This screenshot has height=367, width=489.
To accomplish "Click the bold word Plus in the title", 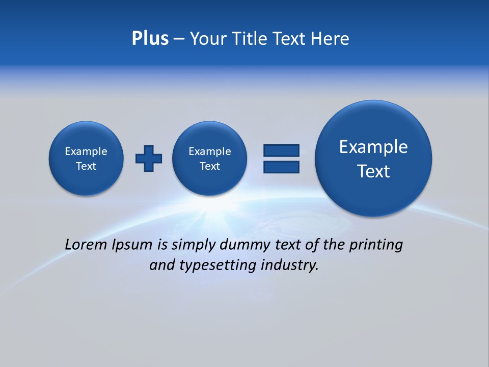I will click(150, 39).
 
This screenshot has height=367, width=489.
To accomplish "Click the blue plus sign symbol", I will click(149, 158).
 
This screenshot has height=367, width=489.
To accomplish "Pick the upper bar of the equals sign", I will click(281, 150).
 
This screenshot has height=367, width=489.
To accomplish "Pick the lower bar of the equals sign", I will click(281, 167).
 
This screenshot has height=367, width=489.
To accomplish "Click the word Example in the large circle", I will click(373, 147).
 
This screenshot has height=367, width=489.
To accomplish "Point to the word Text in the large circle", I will click(373, 171).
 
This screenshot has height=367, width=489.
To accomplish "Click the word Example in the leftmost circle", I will click(86, 151).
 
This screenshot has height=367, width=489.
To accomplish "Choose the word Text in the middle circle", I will click(210, 166).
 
